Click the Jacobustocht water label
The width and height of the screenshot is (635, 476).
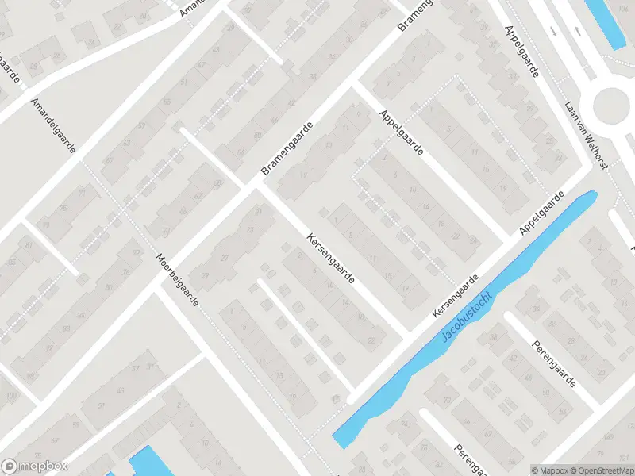click(468, 317)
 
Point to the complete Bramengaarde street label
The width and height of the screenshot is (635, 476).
click(287, 149)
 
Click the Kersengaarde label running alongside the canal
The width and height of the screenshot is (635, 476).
click(456, 297)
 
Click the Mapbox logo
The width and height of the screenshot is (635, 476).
click(35, 466)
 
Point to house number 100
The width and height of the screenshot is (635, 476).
click(10, 396)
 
